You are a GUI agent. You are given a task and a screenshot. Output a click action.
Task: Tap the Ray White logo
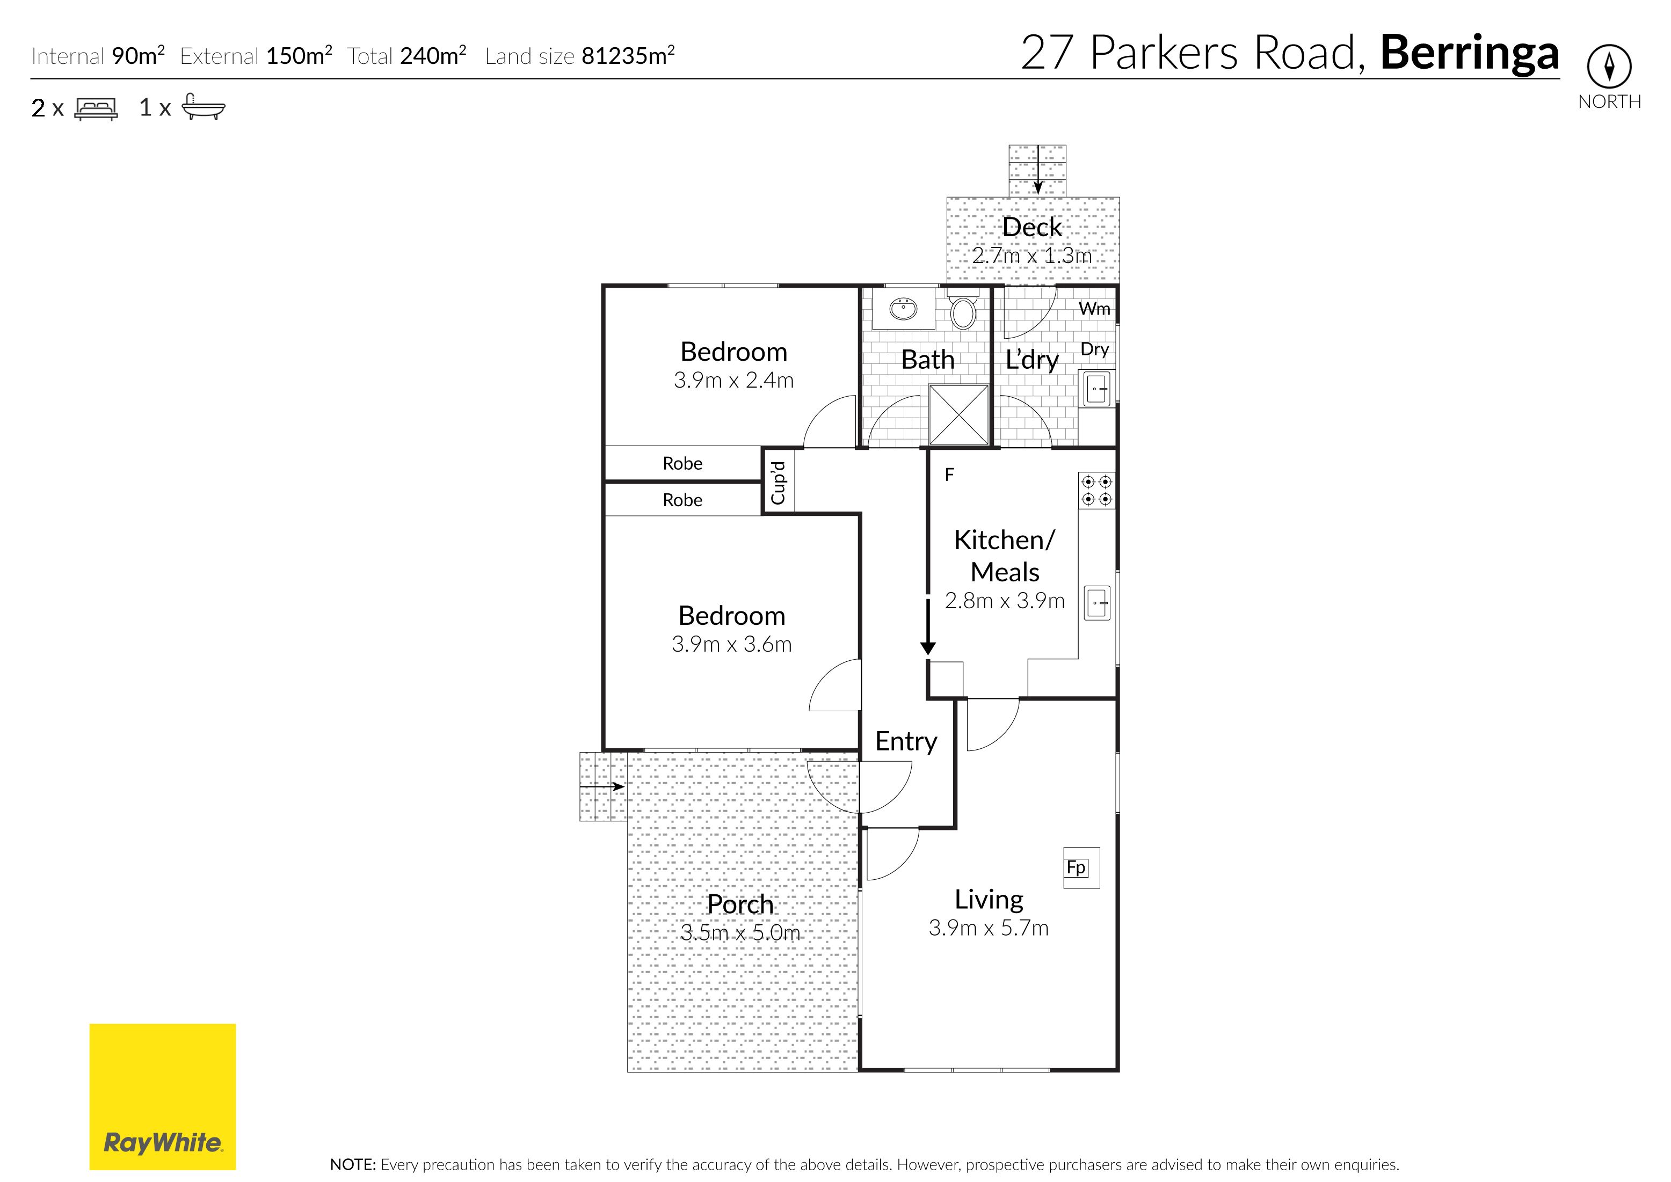point(162,1097)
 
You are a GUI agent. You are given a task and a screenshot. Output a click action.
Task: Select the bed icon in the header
point(96,108)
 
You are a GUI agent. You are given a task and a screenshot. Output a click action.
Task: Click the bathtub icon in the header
point(203,106)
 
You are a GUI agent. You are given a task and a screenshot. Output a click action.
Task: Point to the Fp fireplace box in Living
point(1081,867)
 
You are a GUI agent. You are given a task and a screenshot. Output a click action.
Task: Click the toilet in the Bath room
point(963,311)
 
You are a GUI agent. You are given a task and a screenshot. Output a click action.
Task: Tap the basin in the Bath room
point(904,308)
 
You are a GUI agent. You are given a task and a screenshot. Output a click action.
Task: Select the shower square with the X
point(959,415)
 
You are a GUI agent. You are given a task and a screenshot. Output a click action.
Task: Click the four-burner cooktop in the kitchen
point(1096,490)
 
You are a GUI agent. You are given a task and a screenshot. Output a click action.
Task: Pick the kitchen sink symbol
point(1097,603)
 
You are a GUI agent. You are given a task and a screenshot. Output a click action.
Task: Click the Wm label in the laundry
point(1094,309)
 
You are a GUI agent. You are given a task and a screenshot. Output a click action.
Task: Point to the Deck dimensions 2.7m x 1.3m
point(1031,256)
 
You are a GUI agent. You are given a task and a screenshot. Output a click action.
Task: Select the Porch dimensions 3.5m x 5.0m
point(740,932)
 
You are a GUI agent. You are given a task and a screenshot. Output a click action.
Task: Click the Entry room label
point(906,742)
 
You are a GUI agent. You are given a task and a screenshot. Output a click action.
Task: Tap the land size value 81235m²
point(628,55)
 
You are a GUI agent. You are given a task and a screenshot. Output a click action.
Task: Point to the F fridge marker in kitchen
point(949,475)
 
